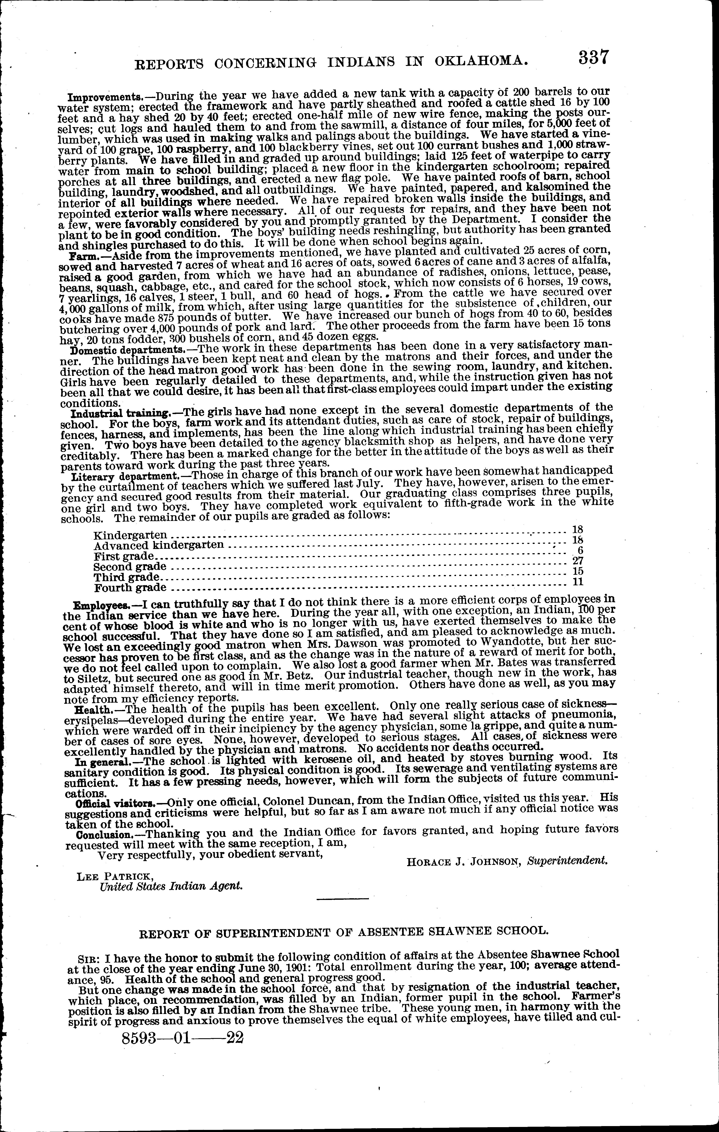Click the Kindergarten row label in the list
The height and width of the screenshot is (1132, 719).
coord(131,535)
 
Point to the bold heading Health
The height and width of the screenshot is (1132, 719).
coord(91,709)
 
